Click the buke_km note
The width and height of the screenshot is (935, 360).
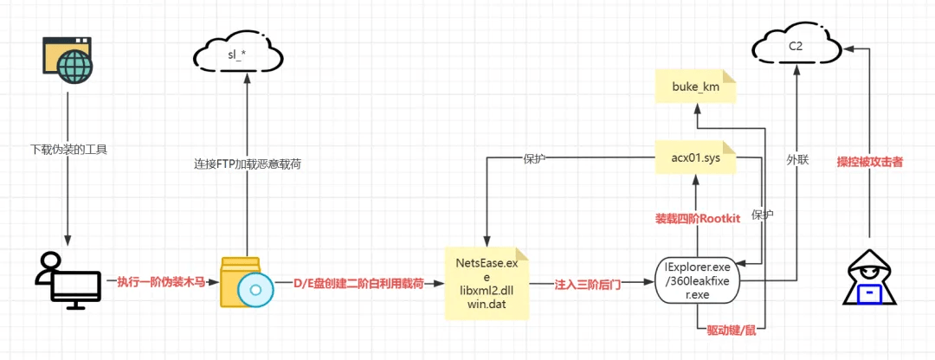[695, 88]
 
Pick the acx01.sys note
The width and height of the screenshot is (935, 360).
[695, 158]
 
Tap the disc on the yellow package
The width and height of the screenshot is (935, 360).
[254, 290]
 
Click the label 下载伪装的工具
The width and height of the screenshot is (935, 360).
[68, 148]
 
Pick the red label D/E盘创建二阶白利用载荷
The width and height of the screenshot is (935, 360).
[358, 284]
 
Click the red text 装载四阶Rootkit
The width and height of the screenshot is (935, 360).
[697, 219]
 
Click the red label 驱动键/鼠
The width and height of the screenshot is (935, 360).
[731, 331]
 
